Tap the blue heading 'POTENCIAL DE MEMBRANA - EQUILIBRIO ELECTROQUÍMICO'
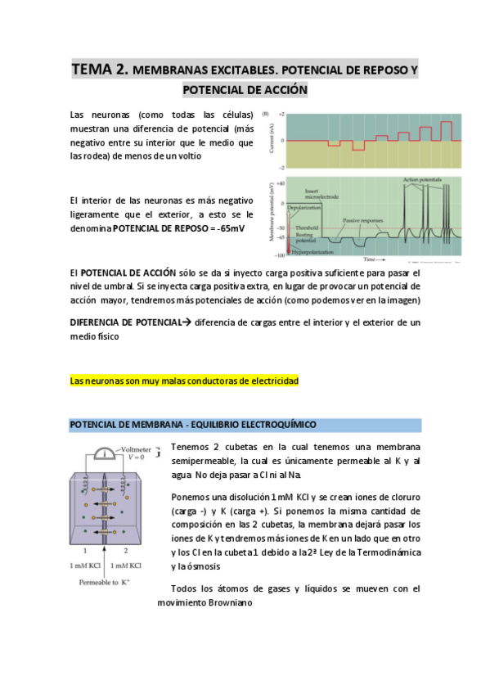click(193, 424)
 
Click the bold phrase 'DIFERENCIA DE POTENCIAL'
click(126, 322)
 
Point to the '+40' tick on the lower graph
click(280, 183)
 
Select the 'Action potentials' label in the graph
click(423, 179)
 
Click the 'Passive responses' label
click(362, 221)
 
